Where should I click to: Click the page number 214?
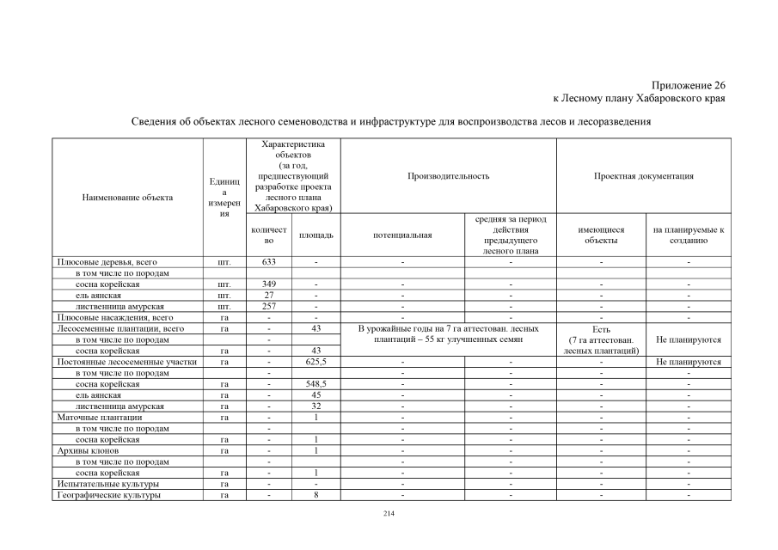click(389, 513)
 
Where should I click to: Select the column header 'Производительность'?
click(449, 176)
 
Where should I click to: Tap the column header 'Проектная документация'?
click(644, 176)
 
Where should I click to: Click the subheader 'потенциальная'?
click(402, 235)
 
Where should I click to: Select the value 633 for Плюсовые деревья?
click(268, 261)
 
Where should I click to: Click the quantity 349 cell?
click(268, 284)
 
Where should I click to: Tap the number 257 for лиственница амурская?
click(268, 306)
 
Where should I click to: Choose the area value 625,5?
click(316, 362)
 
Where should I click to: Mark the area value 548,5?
click(316, 384)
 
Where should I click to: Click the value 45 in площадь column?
click(316, 395)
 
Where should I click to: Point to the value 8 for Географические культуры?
click(316, 495)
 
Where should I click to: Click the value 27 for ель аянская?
click(268, 295)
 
